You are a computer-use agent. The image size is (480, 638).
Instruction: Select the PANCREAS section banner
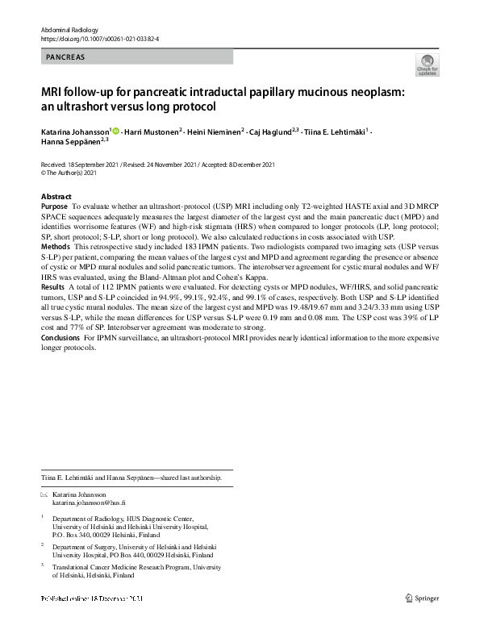(x=137, y=57)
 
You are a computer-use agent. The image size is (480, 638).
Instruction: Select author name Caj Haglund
(x=273, y=131)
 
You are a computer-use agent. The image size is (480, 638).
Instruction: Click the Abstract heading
(x=56, y=197)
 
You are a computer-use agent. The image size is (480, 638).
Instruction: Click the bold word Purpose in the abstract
(x=54, y=207)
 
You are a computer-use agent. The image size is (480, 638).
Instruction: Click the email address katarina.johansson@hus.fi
(x=86, y=502)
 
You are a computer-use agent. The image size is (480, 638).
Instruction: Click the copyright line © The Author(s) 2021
(x=69, y=173)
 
